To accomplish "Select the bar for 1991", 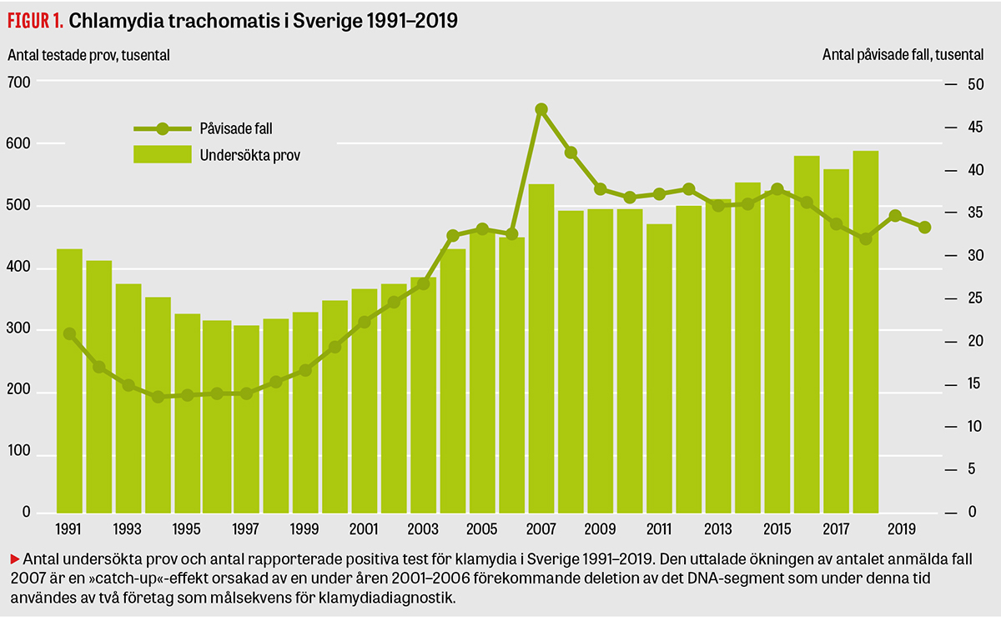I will (69, 380).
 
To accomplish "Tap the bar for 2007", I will (541, 348).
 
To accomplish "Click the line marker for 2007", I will (541, 109).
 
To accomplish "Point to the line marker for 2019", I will (895, 216).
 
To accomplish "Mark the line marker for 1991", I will (69, 333).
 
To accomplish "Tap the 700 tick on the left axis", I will (19, 82).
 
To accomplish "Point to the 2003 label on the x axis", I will (424, 528).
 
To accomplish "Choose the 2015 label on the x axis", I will (777, 528).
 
